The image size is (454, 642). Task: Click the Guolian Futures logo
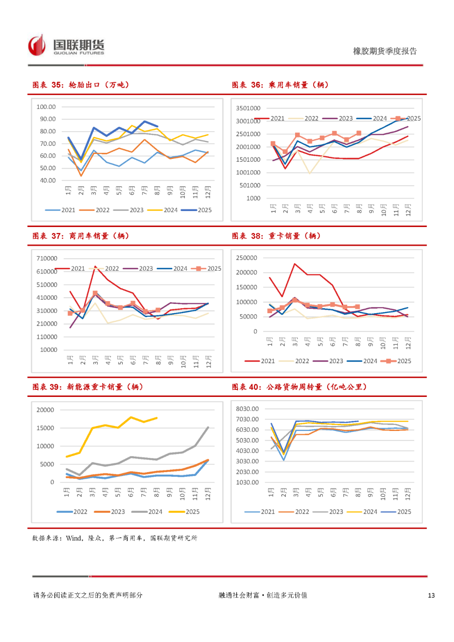66,46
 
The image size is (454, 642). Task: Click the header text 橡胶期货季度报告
385,51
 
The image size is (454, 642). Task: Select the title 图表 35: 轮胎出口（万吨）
81,85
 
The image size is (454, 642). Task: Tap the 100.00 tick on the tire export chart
46,107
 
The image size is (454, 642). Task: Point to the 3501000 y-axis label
248,108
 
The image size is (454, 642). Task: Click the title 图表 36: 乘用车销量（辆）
280,85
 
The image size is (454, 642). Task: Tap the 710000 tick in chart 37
47,258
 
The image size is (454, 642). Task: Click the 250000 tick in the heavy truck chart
246,258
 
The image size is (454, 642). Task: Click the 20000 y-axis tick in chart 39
45,410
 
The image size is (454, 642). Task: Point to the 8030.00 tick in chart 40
247,409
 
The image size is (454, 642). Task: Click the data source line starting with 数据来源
114,538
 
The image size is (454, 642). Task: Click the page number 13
431,595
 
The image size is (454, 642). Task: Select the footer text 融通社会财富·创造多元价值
263,595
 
